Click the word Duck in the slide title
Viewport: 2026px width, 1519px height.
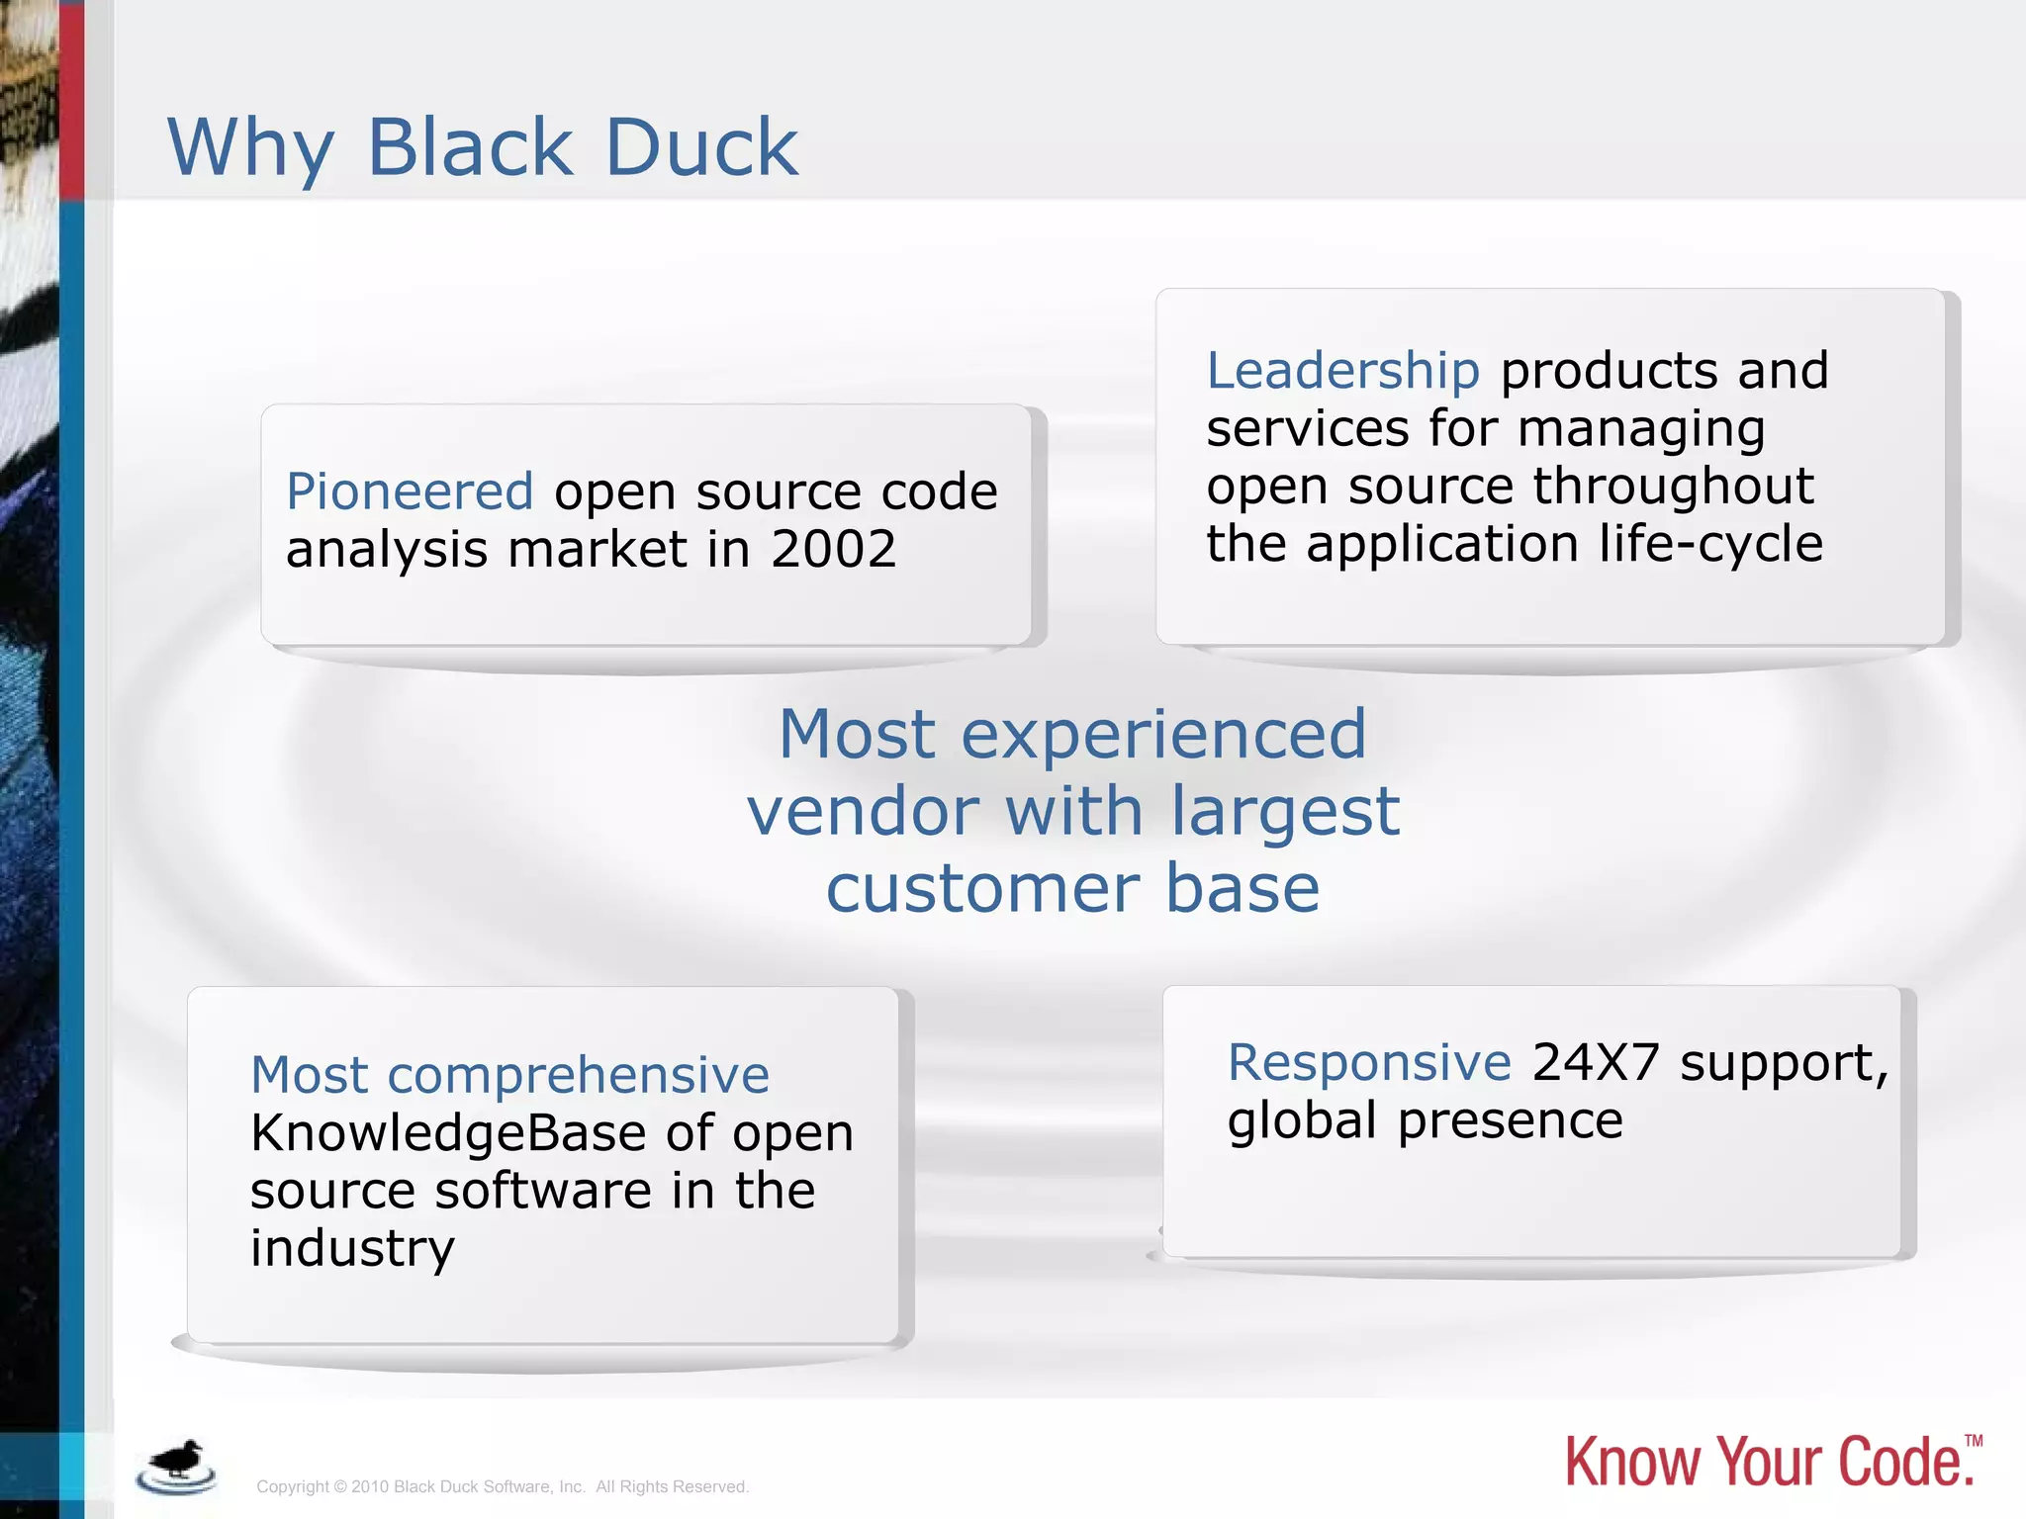click(700, 148)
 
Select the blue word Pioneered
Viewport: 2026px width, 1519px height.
click(410, 491)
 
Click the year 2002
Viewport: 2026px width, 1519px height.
click(833, 549)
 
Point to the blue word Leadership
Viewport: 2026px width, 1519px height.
click(1342, 371)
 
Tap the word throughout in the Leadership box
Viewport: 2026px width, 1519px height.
click(1673, 487)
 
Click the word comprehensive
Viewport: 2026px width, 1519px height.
click(578, 1076)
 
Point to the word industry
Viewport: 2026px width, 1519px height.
click(352, 1249)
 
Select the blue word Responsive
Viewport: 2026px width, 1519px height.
click(1369, 1063)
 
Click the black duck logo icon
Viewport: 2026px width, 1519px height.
click(176, 1466)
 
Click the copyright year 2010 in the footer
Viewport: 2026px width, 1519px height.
click(370, 1487)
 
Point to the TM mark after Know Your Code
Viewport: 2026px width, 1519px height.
click(1974, 1441)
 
